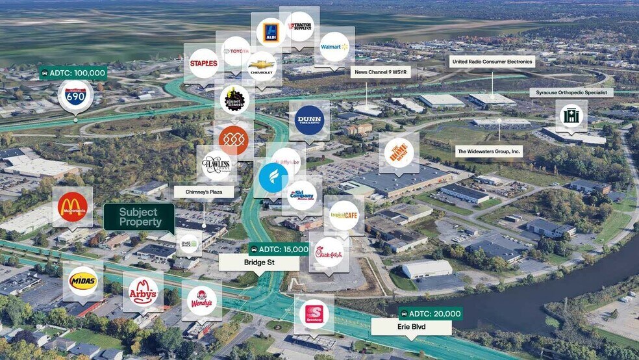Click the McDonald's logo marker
tap(72, 207)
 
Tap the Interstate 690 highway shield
tap(75, 96)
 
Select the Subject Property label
tap(139, 217)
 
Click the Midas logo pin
tap(83, 281)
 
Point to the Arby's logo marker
tap(143, 291)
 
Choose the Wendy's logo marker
tap(201, 301)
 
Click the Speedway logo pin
tap(314, 314)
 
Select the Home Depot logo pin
tap(399, 153)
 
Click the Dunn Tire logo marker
tap(308, 120)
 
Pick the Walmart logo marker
tap(334, 46)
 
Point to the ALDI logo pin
tap(270, 32)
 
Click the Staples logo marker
tap(203, 63)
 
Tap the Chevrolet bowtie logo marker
tap(262, 65)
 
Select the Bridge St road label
tap(258, 263)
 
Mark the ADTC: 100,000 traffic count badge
tap(73, 73)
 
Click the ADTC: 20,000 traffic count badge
tap(430, 313)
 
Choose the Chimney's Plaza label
tap(203, 192)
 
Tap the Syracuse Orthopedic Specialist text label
tap(571, 93)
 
